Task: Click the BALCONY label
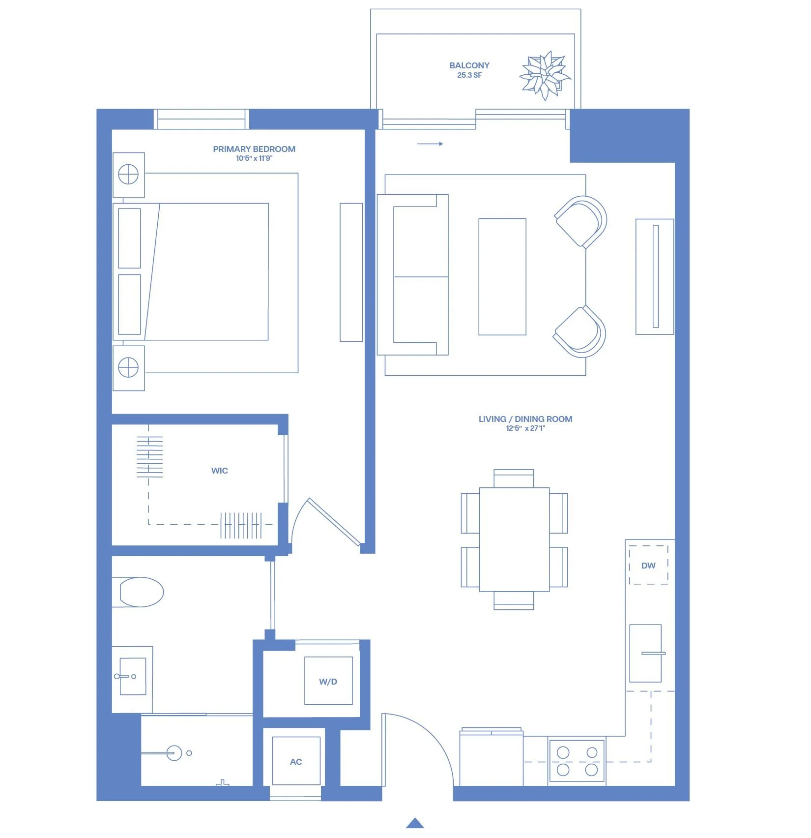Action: [x=469, y=65]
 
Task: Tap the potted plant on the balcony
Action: [x=545, y=76]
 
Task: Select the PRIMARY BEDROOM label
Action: [x=254, y=149]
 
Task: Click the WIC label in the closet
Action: [x=220, y=471]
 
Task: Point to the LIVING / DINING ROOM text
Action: [x=525, y=419]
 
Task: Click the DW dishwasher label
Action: [x=648, y=566]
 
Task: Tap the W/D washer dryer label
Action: [x=328, y=682]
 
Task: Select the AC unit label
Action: [x=296, y=762]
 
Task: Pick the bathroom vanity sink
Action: [x=133, y=676]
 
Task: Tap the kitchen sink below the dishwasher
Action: [x=645, y=654]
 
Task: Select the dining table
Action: [x=514, y=539]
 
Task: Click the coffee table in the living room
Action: [x=502, y=277]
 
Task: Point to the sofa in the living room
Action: [x=412, y=274]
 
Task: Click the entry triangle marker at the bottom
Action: [x=415, y=823]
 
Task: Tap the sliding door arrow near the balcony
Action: [x=430, y=144]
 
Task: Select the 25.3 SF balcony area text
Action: [x=469, y=75]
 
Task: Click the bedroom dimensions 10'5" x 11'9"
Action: [x=254, y=158]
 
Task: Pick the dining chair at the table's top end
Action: [x=514, y=478]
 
